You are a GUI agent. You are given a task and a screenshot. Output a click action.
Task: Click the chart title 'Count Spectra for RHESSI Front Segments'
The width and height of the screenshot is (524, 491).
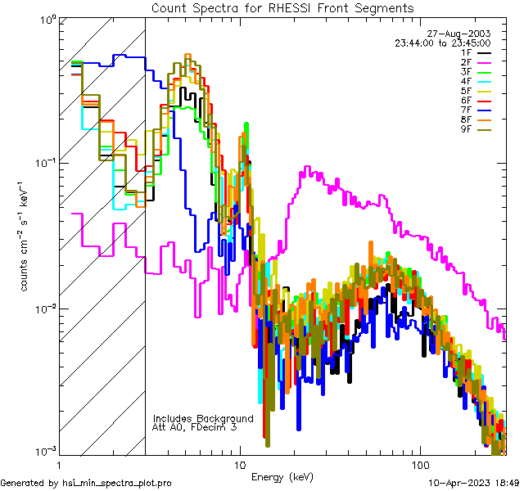click(x=282, y=7)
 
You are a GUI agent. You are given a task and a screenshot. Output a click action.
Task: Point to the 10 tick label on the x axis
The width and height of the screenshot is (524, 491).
click(x=239, y=463)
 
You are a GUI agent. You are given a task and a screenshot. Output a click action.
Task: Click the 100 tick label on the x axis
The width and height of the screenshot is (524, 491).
click(x=419, y=463)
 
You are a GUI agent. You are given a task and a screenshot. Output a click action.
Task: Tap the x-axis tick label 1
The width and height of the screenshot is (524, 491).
click(x=60, y=463)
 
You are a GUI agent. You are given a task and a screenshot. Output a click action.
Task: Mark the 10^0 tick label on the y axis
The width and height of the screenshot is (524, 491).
click(x=46, y=18)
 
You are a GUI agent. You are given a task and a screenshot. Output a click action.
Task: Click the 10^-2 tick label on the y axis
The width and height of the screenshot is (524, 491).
click(x=44, y=309)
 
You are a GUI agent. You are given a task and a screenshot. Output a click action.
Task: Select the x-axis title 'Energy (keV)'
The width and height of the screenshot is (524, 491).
click(x=282, y=477)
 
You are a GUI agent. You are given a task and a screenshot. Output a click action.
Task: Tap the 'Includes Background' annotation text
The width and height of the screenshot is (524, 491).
click(x=203, y=418)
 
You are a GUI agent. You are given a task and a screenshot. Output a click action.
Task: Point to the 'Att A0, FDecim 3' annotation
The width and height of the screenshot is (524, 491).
click(x=194, y=427)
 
